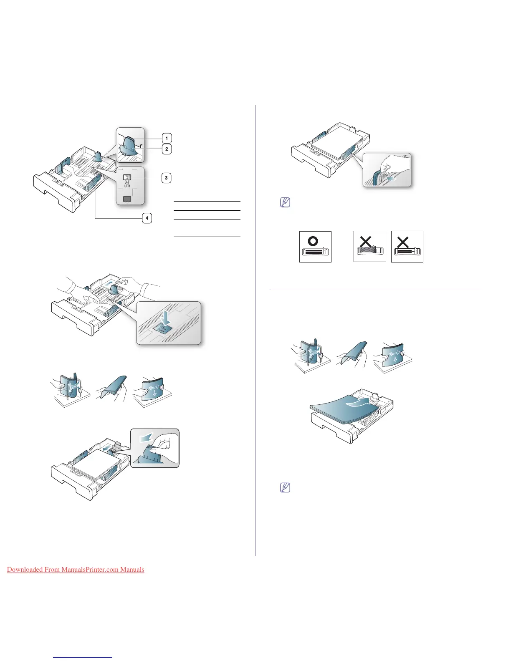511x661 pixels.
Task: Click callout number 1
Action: coord(167,139)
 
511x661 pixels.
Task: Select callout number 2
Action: coord(167,149)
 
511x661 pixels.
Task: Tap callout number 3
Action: coord(166,178)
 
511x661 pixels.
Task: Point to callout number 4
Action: coord(147,218)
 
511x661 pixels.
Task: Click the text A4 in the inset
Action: coord(127,183)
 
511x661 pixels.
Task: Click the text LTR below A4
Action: coord(127,186)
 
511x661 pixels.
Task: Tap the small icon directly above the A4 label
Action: coord(127,177)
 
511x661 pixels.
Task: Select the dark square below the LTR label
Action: coord(127,199)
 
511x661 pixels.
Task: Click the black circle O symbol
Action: coord(313,241)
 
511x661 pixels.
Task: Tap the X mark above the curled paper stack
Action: coord(366,242)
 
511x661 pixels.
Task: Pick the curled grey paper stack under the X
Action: coord(369,251)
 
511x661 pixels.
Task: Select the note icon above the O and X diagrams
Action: coord(285,203)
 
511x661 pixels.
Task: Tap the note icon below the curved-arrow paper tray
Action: coord(285,487)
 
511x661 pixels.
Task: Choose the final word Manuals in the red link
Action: coord(132,570)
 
